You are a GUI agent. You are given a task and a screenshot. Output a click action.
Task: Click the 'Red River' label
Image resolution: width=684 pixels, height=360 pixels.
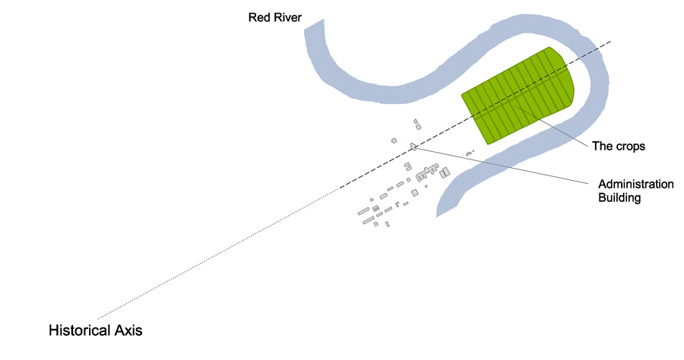coord(275,17)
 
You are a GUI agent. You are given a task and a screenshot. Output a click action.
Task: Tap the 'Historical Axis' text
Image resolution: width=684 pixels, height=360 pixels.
coord(96,331)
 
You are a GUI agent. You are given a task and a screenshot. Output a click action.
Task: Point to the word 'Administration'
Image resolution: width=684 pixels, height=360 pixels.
coord(636,185)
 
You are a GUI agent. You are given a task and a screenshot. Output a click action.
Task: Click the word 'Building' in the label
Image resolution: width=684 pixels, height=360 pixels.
coord(620,198)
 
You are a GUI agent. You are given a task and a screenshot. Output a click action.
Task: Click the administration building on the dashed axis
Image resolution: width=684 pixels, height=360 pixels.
coord(413,146)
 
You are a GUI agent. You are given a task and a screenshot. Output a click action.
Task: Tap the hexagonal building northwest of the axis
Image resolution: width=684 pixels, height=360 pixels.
coord(394,140)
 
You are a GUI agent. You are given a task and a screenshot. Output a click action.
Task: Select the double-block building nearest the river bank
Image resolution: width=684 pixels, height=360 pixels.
coord(445,173)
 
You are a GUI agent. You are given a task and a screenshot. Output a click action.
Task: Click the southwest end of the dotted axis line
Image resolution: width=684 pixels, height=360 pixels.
coord(99,317)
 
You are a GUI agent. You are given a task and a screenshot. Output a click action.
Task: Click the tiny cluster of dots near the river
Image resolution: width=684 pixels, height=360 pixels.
coord(469,153)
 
